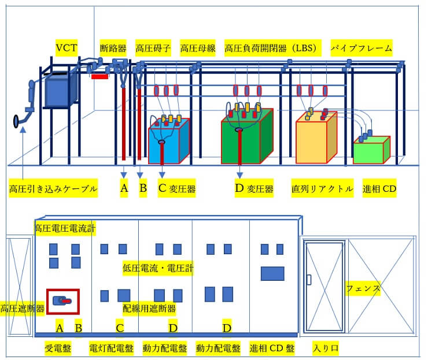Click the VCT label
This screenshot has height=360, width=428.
(x=67, y=47)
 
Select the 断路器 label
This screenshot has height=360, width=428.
(x=113, y=48)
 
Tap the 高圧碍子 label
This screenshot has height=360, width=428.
(x=153, y=48)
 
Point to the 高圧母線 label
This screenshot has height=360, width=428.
(x=198, y=48)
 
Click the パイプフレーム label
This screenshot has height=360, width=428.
(x=361, y=48)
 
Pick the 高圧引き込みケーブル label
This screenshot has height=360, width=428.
(x=53, y=189)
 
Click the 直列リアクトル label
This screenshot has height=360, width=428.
(x=322, y=189)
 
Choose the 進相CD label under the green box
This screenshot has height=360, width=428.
(x=379, y=189)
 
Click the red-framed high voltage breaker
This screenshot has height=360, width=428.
(x=62, y=300)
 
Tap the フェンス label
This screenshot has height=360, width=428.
(x=363, y=288)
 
